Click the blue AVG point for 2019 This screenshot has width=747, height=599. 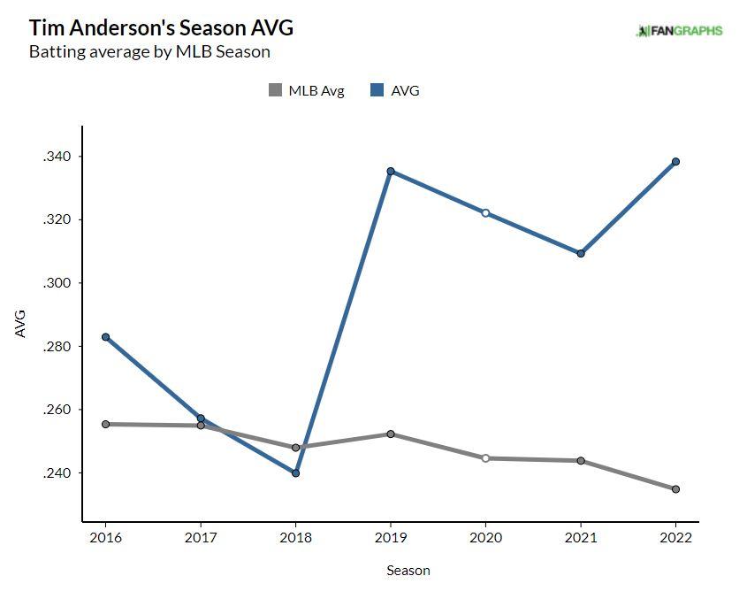click(x=391, y=172)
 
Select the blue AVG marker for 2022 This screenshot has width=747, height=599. click(x=675, y=162)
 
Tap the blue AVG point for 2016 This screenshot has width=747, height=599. click(x=106, y=337)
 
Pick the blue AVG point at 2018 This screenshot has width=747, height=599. click(x=295, y=473)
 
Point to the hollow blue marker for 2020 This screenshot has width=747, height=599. click(x=485, y=213)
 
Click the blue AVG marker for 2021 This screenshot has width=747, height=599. click(x=581, y=254)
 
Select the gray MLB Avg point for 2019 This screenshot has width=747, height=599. click(x=391, y=434)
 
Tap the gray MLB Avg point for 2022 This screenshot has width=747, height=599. click(x=675, y=489)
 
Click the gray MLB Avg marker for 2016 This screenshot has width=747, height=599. click(x=106, y=425)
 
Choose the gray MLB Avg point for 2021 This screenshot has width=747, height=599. click(x=581, y=461)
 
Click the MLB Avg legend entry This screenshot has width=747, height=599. click(x=306, y=90)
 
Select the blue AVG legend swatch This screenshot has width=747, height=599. click(x=377, y=90)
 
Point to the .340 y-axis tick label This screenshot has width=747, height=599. click(x=55, y=157)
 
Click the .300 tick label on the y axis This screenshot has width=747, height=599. click(x=55, y=283)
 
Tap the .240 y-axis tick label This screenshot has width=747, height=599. click(x=55, y=473)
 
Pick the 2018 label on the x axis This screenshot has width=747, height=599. click(x=295, y=538)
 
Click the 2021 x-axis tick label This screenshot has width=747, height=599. click(x=581, y=538)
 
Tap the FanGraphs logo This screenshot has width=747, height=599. click(x=679, y=31)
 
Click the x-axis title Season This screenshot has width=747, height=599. click(x=408, y=571)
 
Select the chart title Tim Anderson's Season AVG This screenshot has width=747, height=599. click(x=161, y=27)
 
